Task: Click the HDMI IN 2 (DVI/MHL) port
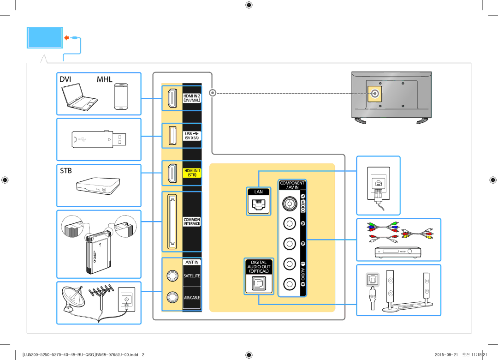tap(172, 97)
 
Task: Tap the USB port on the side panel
tap(172, 135)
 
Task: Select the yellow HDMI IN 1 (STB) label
tap(192, 173)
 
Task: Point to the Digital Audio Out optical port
tap(259, 284)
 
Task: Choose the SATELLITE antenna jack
tap(172, 275)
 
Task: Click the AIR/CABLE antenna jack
tap(172, 297)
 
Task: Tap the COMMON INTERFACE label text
tap(192, 222)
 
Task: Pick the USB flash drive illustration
tap(99, 138)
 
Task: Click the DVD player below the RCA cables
tap(398, 252)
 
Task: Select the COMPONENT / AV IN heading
tap(292, 185)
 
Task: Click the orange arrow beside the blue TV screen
tap(67, 37)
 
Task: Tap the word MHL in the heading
tap(105, 79)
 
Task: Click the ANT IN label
tap(192, 262)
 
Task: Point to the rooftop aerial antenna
tap(101, 295)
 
